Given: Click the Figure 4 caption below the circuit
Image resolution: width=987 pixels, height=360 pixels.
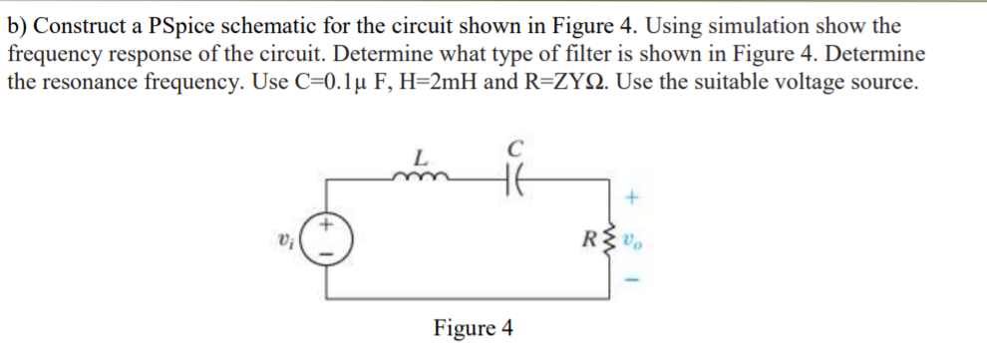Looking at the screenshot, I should click(474, 327).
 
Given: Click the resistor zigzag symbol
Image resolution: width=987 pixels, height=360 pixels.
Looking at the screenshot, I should click(610, 238).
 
